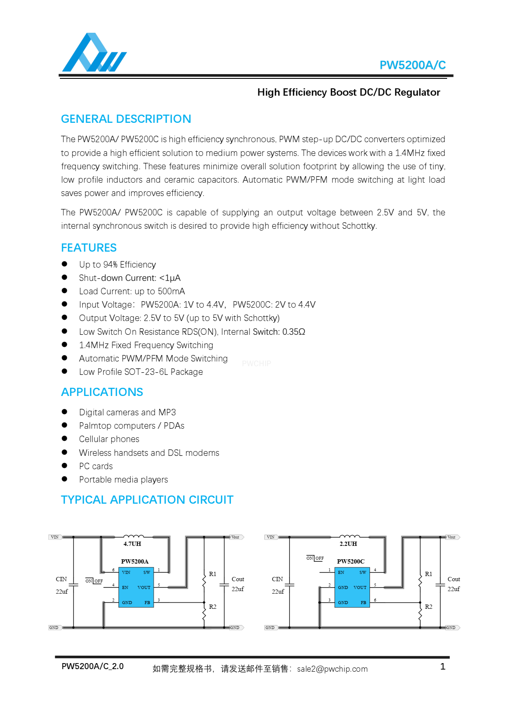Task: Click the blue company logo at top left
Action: [x=94, y=53]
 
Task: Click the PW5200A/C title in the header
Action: [x=412, y=65]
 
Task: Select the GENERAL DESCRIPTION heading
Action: [x=126, y=119]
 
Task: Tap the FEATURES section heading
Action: [x=89, y=248]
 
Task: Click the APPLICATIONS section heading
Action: [x=102, y=392]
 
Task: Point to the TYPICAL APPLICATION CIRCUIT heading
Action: [x=147, y=500]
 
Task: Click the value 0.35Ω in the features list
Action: [x=294, y=332]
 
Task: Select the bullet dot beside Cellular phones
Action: [x=65, y=439]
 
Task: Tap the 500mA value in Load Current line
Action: [x=171, y=291]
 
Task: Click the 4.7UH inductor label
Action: [x=132, y=544]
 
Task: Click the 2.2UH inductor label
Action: [x=348, y=544]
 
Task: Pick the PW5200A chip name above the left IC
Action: [x=135, y=561]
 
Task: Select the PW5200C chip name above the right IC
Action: [x=351, y=561]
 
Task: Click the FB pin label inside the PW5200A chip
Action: [x=147, y=603]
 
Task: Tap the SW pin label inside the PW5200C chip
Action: [x=363, y=573]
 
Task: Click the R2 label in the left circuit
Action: [x=213, y=607]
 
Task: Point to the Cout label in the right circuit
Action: [x=454, y=579]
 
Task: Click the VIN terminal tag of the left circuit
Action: [x=55, y=537]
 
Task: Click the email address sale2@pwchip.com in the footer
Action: [x=332, y=669]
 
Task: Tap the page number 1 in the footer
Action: [x=442, y=667]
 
